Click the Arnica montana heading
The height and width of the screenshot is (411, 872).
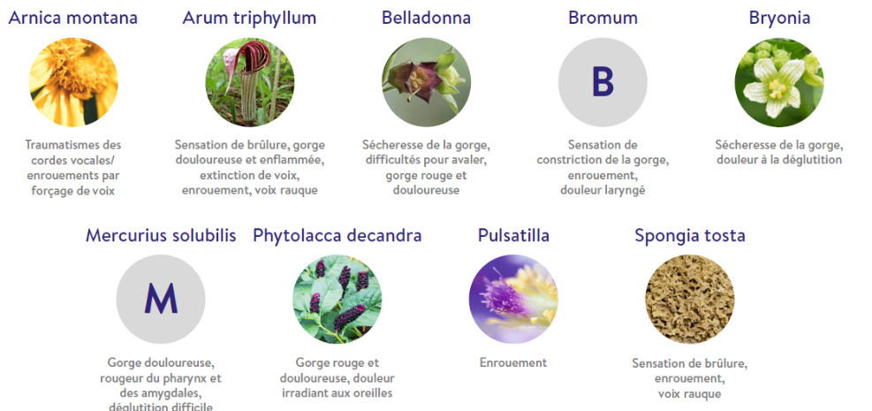(72, 18)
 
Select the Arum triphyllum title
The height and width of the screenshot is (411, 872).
(249, 18)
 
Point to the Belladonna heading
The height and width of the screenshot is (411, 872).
(426, 18)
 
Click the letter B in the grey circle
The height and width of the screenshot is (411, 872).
(603, 82)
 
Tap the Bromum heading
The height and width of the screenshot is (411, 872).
(603, 18)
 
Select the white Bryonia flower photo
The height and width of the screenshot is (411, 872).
(778, 82)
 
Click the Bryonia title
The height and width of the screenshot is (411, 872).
(778, 18)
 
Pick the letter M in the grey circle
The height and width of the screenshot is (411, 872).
(161, 300)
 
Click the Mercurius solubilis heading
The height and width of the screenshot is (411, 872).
(161, 235)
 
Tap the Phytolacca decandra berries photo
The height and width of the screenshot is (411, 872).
(337, 300)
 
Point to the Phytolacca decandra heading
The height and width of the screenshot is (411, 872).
(337, 235)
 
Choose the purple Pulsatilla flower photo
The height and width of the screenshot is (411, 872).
(513, 300)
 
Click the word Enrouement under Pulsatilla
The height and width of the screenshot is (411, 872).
(513, 362)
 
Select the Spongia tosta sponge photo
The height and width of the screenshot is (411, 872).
(690, 300)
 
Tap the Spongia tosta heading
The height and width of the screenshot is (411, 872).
(690, 235)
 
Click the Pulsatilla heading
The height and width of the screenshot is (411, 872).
(513, 235)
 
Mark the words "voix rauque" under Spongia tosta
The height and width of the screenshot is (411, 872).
(689, 394)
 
